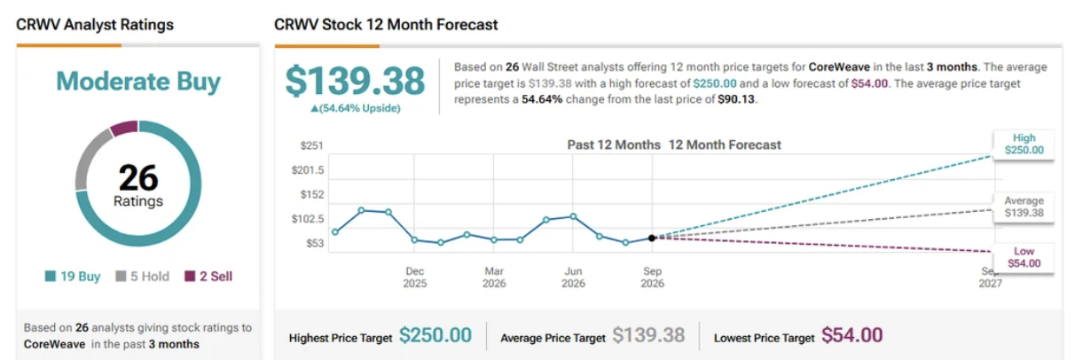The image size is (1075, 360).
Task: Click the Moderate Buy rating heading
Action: click(138, 81)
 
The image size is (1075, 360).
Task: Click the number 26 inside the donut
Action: click(138, 178)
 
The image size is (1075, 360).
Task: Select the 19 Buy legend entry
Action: click(73, 277)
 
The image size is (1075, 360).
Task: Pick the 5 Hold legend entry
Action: click(143, 277)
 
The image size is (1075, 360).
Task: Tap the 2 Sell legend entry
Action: click(208, 277)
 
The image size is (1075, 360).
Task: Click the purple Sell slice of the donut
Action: click(124, 128)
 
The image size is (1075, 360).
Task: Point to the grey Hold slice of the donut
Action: click(90, 158)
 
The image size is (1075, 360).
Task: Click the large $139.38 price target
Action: click(355, 81)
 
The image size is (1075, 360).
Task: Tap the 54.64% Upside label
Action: click(356, 108)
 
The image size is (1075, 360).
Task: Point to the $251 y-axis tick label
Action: click(311, 145)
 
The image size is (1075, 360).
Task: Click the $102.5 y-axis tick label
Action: click(308, 219)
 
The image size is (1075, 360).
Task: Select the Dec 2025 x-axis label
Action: click(414, 278)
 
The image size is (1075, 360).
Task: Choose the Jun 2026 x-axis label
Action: click(573, 278)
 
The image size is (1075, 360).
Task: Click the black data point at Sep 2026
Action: click(652, 238)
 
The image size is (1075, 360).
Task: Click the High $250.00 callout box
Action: click(1024, 144)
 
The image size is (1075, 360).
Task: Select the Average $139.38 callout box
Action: click(1024, 207)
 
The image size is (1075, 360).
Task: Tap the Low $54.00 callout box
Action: click(1024, 258)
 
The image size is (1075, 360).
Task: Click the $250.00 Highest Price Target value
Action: click(435, 335)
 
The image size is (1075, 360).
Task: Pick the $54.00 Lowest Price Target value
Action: click(851, 335)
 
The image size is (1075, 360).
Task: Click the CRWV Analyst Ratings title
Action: click(95, 25)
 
